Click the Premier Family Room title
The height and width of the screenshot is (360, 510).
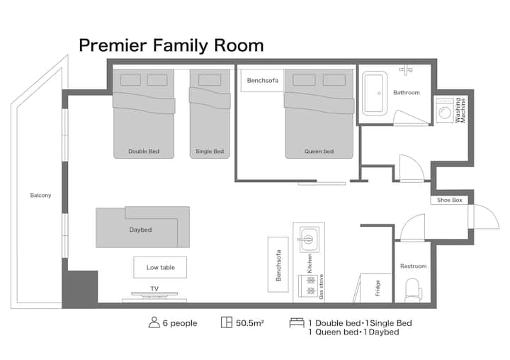171,45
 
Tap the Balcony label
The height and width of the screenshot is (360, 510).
40,196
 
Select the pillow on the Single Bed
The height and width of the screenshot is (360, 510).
210,80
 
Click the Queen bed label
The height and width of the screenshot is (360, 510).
319,152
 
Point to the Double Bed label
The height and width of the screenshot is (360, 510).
144,152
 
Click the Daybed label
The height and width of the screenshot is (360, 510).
140,230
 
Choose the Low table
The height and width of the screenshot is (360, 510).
160,268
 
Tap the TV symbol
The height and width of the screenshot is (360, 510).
154,294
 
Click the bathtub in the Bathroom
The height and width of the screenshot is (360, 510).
375,94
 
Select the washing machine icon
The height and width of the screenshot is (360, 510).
445,111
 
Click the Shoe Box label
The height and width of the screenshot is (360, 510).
450,200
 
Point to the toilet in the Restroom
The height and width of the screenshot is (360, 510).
413,290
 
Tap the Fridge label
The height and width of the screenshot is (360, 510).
378,288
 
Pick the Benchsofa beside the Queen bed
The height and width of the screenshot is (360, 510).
262,80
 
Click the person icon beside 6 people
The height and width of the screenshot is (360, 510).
154,322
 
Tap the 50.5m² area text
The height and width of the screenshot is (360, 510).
250,323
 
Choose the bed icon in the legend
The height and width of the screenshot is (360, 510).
297,322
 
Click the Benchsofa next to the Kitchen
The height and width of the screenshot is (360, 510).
278,264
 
